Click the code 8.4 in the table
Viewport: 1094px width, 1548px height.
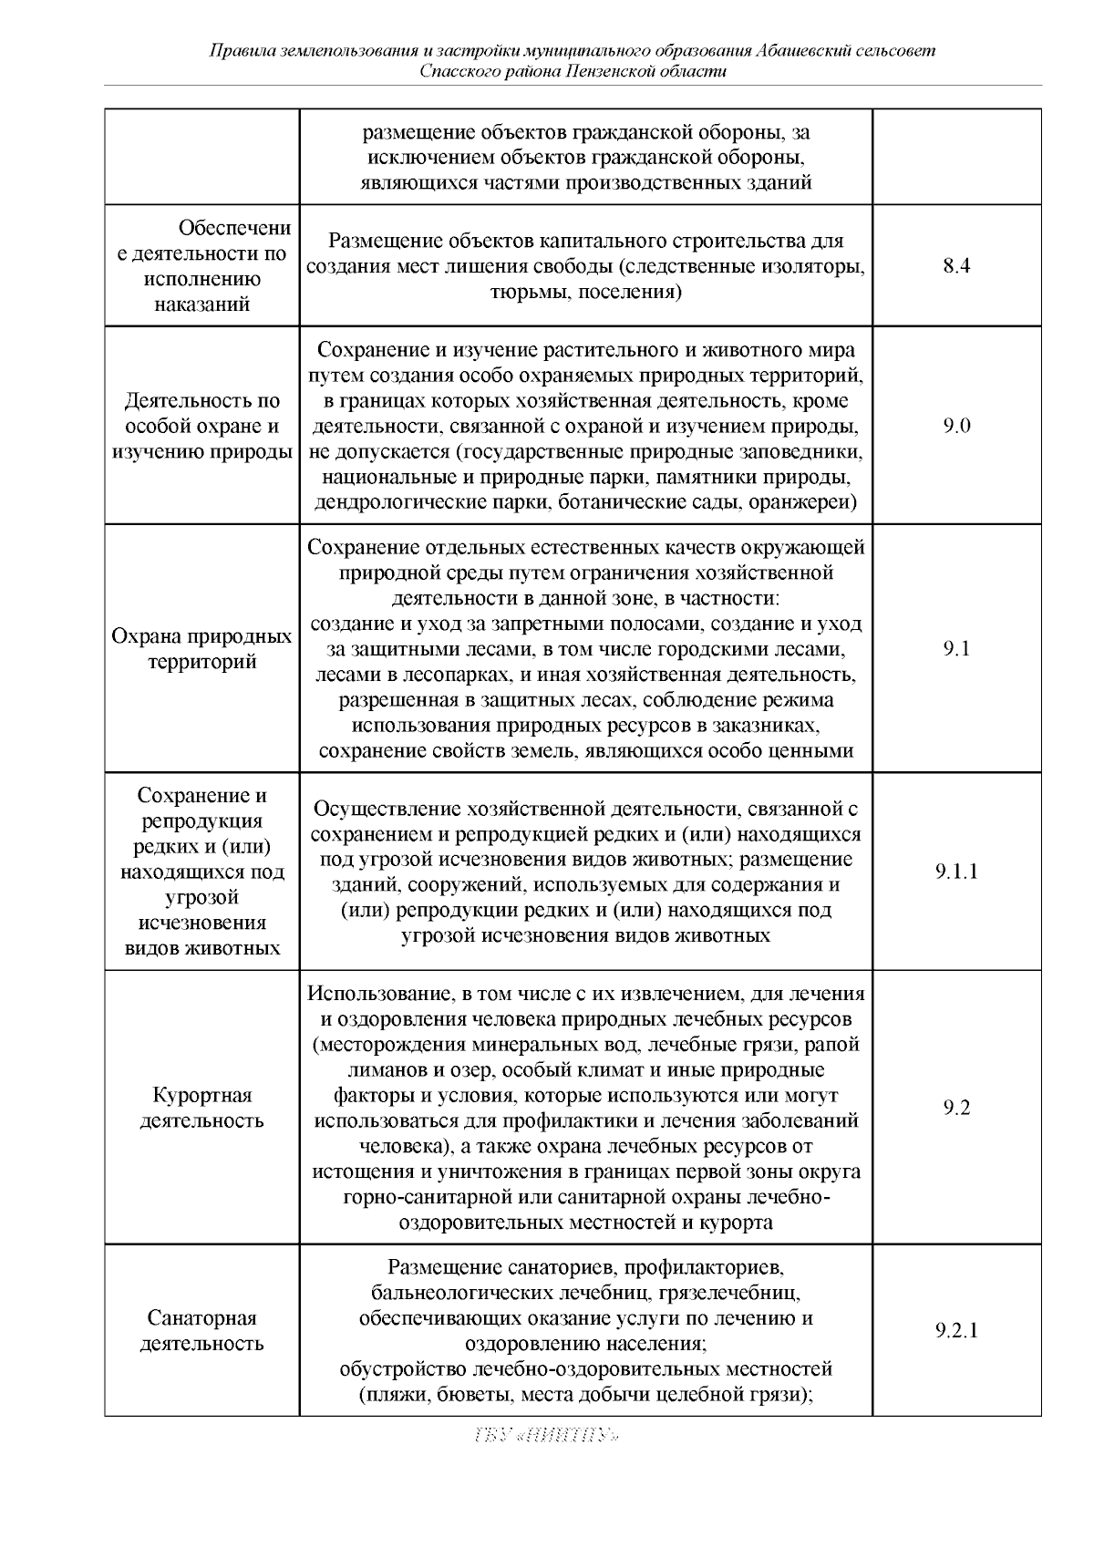pyautogui.click(x=956, y=266)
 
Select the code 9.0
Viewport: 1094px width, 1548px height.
pyautogui.click(x=956, y=426)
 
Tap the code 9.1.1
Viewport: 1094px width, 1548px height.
pyautogui.click(x=956, y=872)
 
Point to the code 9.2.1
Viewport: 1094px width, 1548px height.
pyautogui.click(x=956, y=1330)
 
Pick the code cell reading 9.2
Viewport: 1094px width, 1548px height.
pyautogui.click(x=956, y=1108)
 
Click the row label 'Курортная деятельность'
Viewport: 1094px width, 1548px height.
pyautogui.click(x=201, y=1108)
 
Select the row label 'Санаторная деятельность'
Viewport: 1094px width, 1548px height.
pyautogui.click(x=201, y=1330)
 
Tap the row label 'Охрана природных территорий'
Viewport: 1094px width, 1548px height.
pyautogui.click(x=201, y=648)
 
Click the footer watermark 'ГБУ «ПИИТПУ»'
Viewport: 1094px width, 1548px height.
pyautogui.click(x=547, y=1436)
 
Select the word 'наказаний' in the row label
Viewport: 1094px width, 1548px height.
pyautogui.click(x=201, y=304)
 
